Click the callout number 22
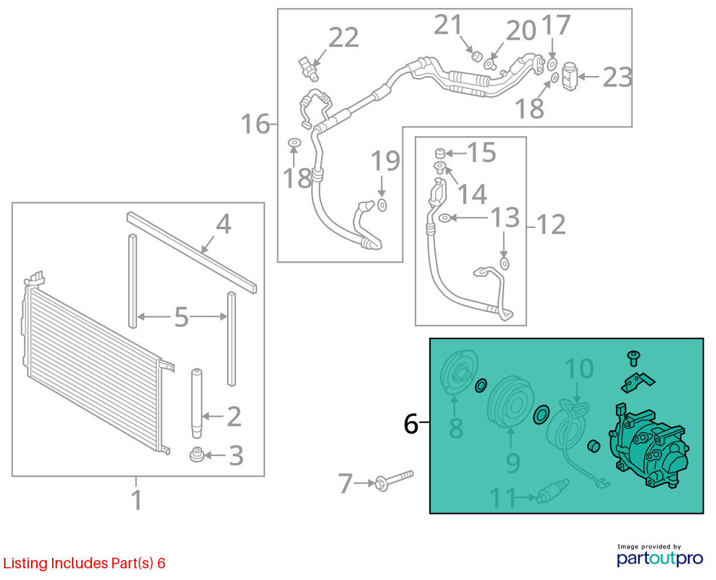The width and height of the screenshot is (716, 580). click(343, 37)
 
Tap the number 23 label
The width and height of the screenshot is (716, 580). click(618, 77)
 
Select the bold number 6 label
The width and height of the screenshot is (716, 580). click(411, 424)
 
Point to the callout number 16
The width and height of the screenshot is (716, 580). click(255, 124)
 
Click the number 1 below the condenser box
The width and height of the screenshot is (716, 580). click(136, 500)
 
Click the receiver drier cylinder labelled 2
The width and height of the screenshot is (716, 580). click(197, 403)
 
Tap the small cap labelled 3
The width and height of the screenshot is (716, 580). click(197, 454)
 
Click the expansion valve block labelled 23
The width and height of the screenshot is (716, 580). click(570, 76)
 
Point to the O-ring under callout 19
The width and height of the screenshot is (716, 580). click(382, 205)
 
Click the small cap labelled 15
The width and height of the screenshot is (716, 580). click(440, 153)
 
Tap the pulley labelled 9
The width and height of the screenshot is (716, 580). click(510, 401)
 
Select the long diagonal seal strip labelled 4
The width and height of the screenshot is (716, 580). click(192, 253)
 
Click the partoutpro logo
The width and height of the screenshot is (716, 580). click(659, 558)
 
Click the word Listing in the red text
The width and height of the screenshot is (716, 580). click(26, 564)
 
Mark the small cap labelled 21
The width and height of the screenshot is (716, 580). click(476, 56)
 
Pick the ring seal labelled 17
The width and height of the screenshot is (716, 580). click(552, 64)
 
